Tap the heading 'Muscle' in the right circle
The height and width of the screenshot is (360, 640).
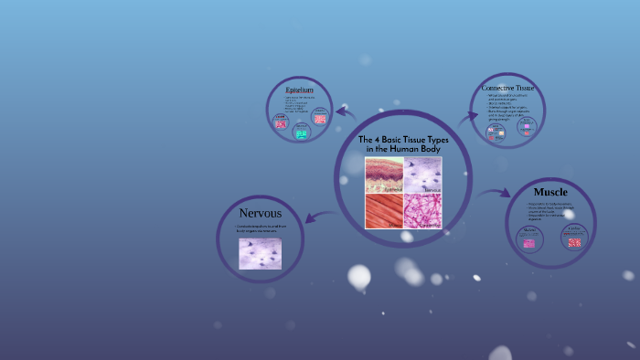(550, 192)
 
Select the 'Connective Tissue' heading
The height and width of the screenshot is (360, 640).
(507, 88)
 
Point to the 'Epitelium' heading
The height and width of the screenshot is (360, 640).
(299, 90)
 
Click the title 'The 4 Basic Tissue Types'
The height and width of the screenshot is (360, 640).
(402, 140)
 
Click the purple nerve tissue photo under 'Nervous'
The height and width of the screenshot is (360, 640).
(260, 253)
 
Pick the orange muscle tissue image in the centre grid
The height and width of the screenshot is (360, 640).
(384, 211)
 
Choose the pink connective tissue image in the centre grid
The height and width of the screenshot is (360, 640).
(422, 211)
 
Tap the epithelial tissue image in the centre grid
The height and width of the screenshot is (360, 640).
(384, 175)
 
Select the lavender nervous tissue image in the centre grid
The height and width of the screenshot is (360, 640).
(422, 175)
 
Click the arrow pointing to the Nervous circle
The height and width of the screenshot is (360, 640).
(319, 216)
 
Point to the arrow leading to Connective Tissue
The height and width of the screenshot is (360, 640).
(467, 117)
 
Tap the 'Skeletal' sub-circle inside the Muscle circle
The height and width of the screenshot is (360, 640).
(528, 239)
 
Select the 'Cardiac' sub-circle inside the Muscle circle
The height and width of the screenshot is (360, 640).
(573, 238)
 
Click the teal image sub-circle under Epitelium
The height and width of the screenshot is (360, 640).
(300, 133)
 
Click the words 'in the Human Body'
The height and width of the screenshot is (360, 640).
(402, 149)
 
